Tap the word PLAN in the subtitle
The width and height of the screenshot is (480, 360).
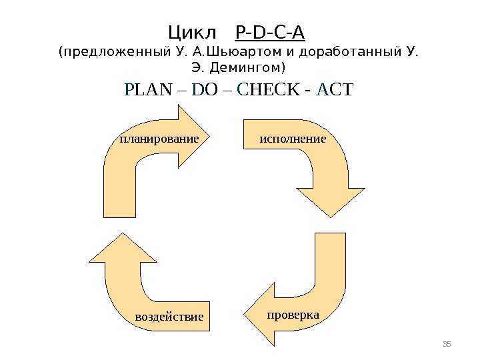(x=147, y=90)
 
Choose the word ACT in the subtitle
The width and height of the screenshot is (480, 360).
(x=335, y=90)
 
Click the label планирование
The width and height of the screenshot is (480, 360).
(x=159, y=139)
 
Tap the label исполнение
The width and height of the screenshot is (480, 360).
(x=292, y=139)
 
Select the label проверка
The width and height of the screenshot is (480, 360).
(x=293, y=313)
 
